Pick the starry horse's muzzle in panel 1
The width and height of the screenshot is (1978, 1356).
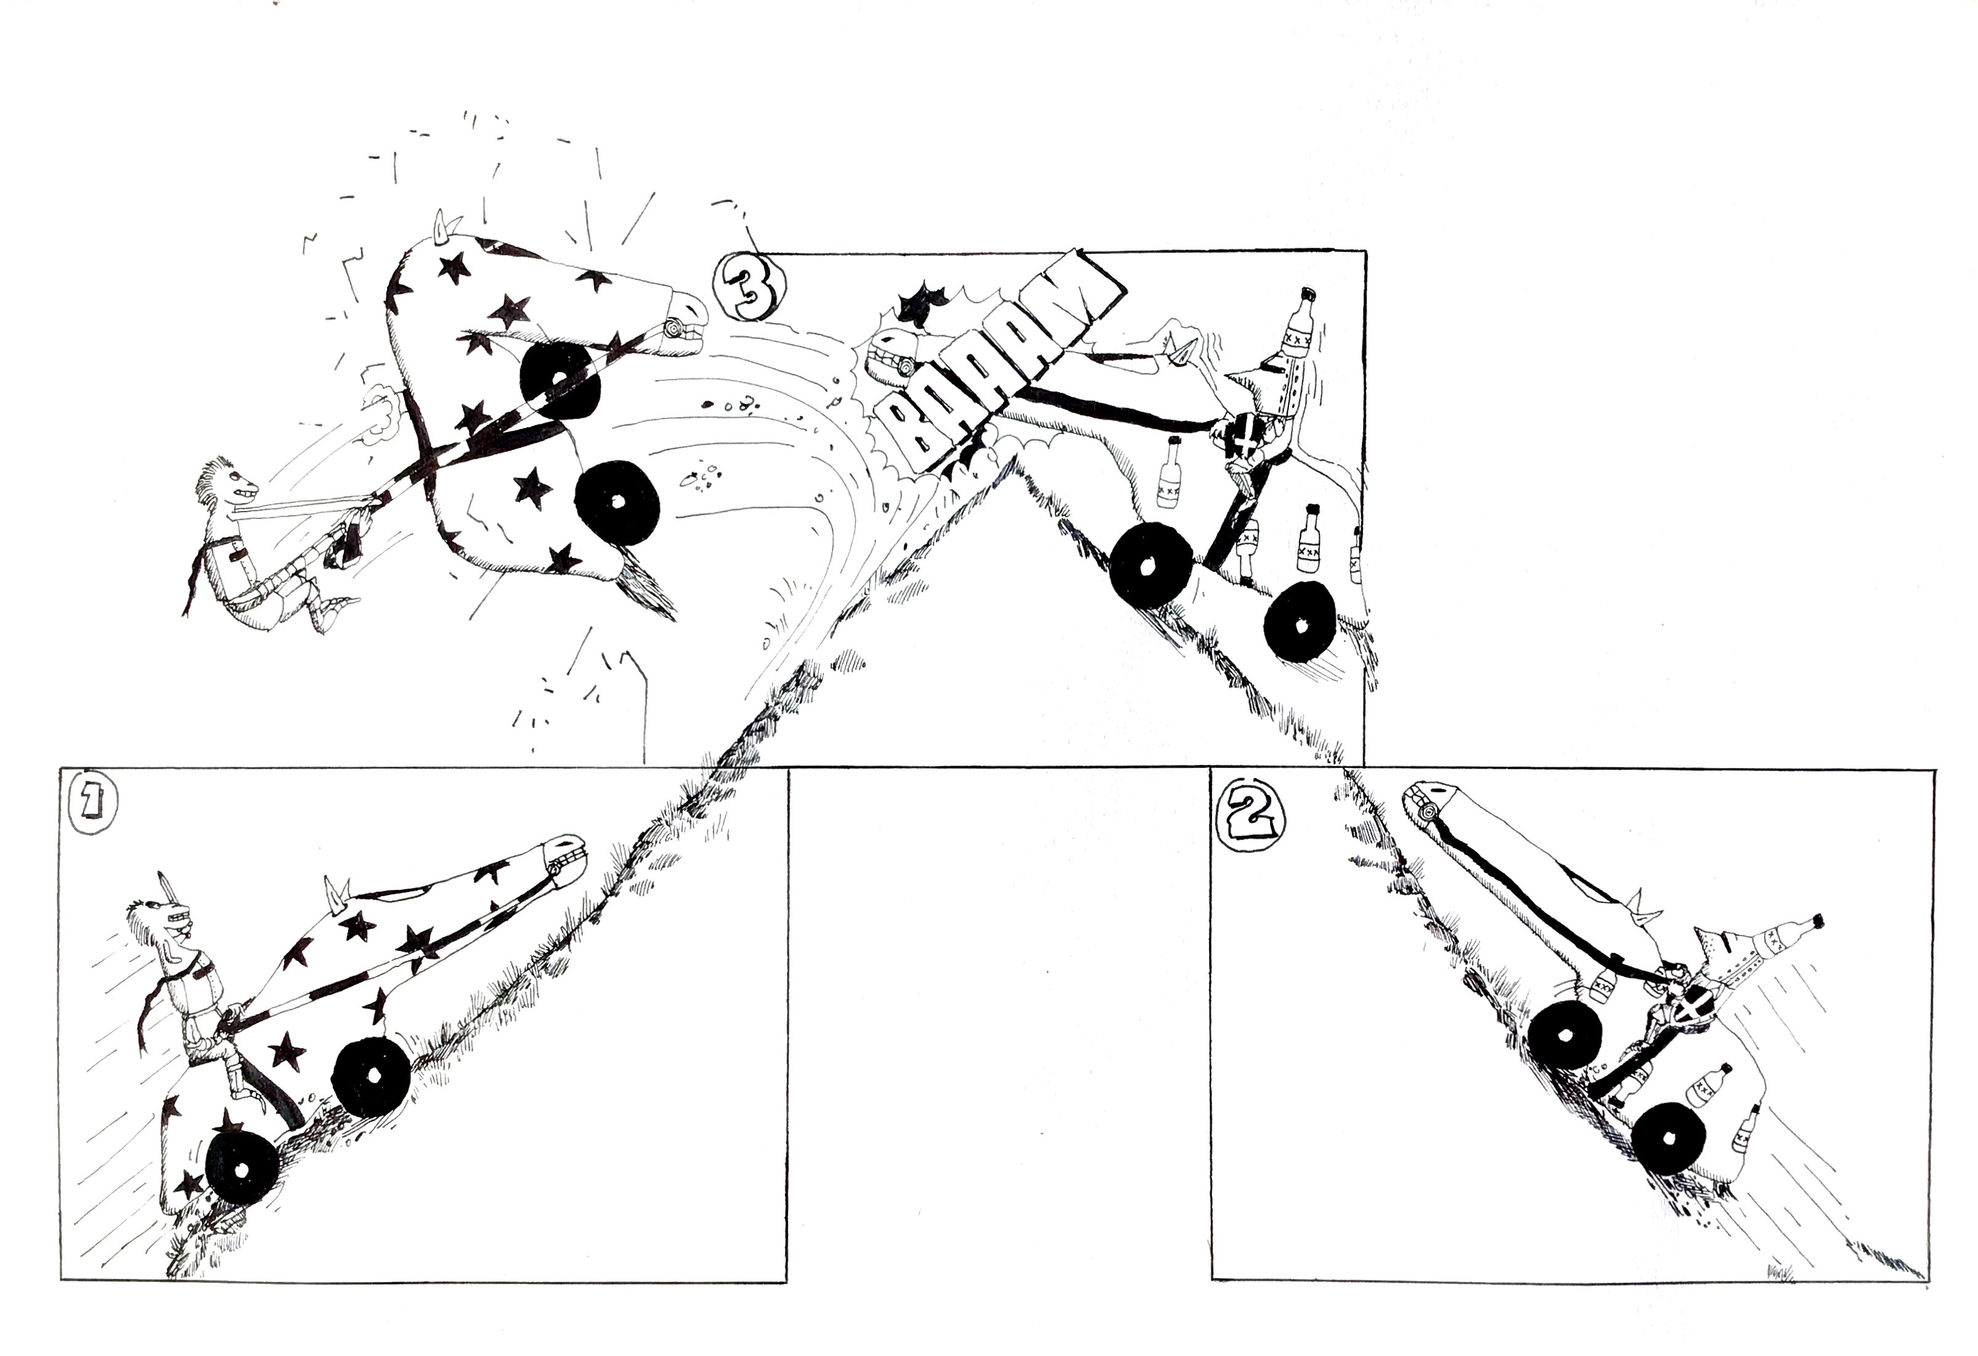click(x=562, y=862)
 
